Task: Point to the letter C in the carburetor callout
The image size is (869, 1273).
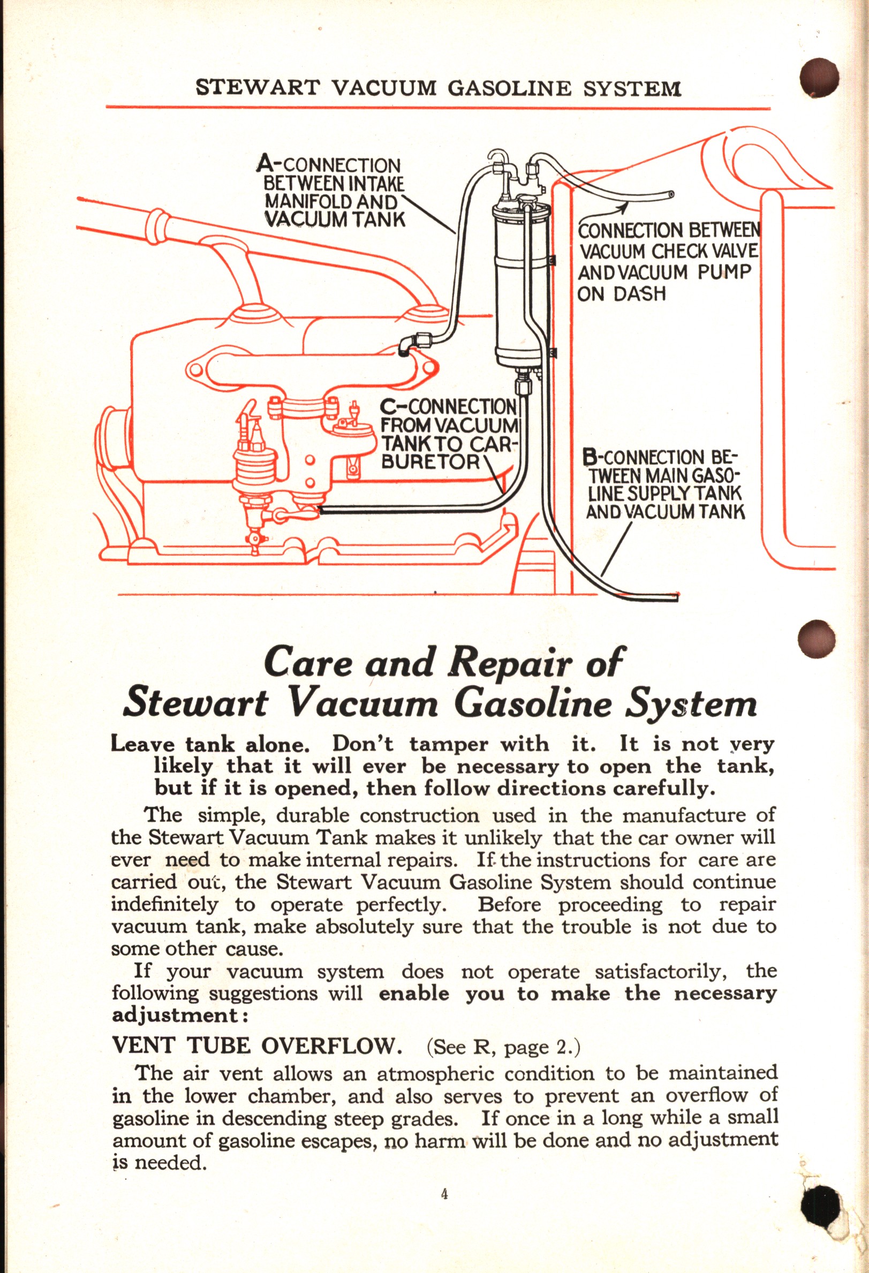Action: pyautogui.click(x=388, y=406)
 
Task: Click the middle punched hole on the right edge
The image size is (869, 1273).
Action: pyautogui.click(x=817, y=639)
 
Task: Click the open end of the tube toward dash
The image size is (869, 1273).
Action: pyautogui.click(x=670, y=194)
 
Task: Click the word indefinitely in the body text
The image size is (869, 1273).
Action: pyautogui.click(x=164, y=904)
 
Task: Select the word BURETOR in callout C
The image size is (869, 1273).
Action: pyautogui.click(x=431, y=462)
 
